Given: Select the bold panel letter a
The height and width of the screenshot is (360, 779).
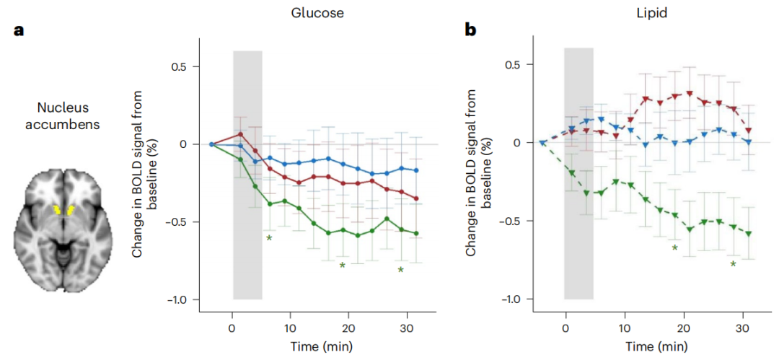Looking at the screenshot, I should click(x=20, y=32).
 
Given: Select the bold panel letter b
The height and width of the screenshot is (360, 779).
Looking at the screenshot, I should click(x=472, y=32).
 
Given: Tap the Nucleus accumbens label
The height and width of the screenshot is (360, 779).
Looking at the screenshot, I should click(x=64, y=116).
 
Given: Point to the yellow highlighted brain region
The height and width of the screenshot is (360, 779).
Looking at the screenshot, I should click(x=64, y=211).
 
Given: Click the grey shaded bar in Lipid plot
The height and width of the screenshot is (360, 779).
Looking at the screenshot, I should click(x=578, y=173).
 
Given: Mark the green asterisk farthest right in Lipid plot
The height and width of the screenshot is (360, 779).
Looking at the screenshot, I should click(x=733, y=265).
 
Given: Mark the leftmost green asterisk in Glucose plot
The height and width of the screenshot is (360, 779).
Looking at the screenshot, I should click(x=269, y=238).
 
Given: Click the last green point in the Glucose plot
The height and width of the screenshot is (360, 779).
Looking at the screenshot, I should click(x=416, y=234).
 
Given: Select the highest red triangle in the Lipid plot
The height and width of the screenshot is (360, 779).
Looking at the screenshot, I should click(x=690, y=94).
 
